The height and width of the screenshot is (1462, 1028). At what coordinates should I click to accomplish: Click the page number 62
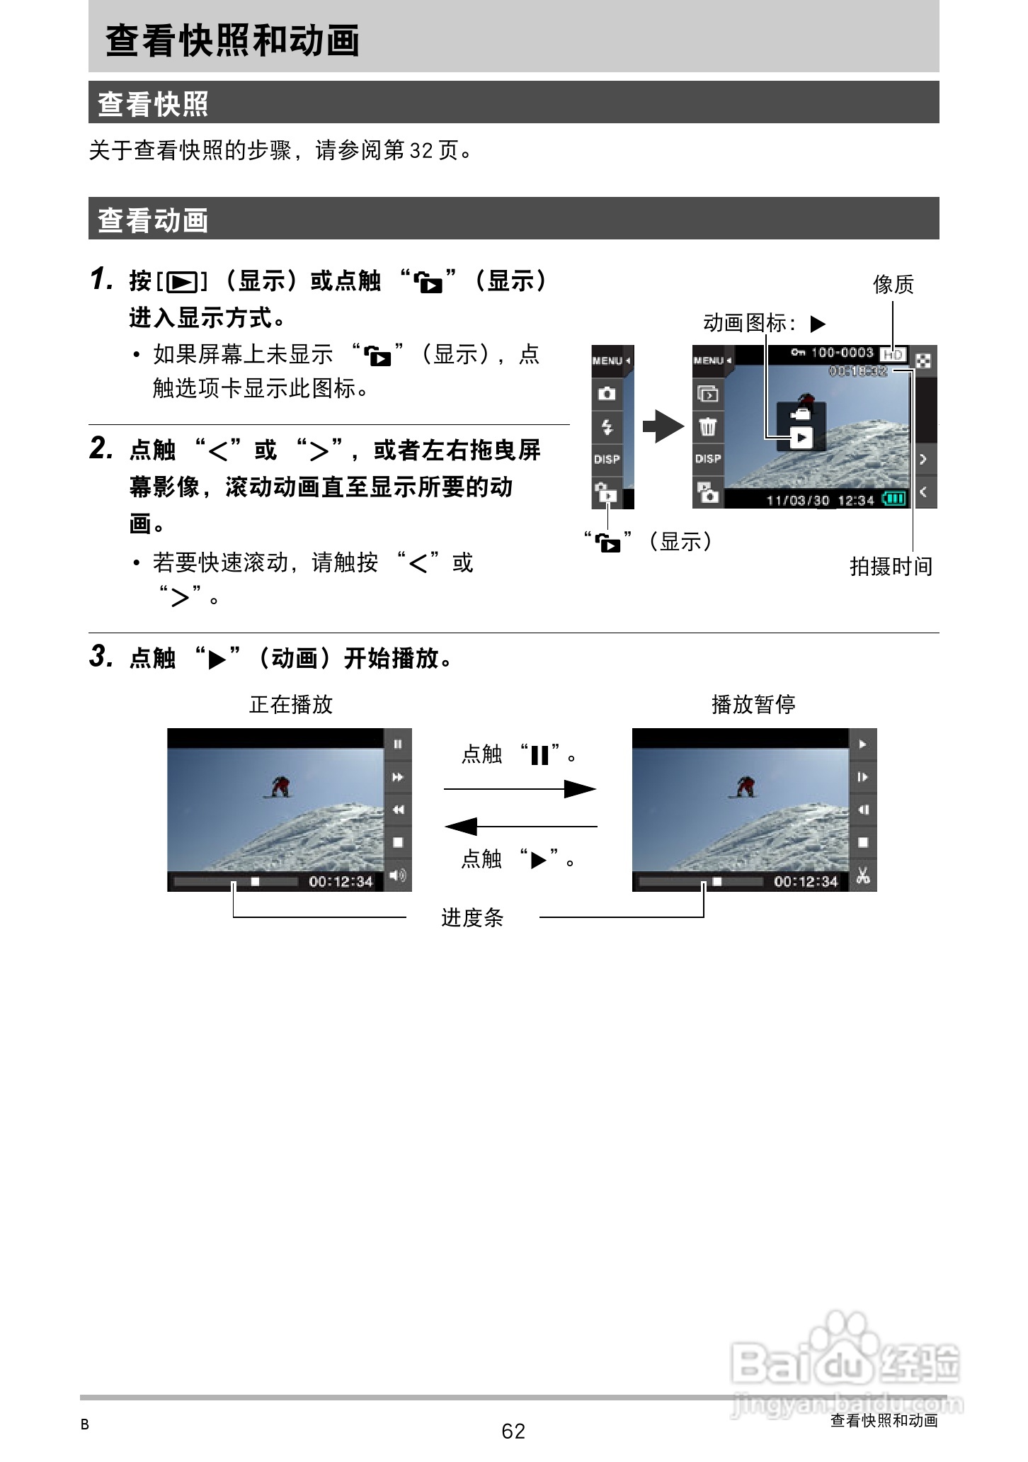[x=513, y=1431]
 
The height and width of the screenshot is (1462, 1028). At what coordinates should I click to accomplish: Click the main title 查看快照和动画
[x=233, y=40]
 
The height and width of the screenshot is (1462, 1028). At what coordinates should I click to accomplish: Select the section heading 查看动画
[x=153, y=220]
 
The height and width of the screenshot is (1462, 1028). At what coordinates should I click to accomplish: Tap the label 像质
[x=893, y=285]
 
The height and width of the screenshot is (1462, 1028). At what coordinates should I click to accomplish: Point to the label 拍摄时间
[x=891, y=567]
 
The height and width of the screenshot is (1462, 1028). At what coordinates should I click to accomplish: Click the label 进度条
[x=472, y=918]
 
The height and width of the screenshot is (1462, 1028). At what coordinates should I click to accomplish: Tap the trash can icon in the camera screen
[x=708, y=426]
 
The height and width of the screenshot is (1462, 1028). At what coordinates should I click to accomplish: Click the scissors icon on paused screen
[x=862, y=875]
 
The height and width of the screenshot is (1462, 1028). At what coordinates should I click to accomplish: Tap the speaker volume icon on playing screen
[x=398, y=875]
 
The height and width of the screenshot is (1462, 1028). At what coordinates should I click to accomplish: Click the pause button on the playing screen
[x=398, y=744]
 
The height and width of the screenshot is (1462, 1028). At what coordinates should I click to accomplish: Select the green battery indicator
[x=894, y=499]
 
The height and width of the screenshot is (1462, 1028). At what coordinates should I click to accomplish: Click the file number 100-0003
[x=842, y=353]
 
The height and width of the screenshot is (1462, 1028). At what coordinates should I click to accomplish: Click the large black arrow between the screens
[x=663, y=426]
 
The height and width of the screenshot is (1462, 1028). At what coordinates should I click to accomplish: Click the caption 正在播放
[x=291, y=704]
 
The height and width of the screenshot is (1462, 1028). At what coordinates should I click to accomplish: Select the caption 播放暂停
[x=753, y=704]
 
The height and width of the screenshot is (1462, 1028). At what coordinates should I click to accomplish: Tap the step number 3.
[x=101, y=657]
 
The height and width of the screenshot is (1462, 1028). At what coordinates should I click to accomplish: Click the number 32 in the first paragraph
[x=421, y=151]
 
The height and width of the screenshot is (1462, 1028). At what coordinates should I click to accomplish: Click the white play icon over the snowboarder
[x=801, y=438]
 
